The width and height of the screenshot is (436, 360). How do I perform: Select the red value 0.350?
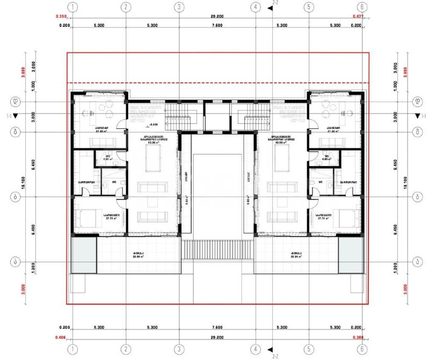click(62, 17)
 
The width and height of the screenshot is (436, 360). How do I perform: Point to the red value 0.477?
click(358, 17)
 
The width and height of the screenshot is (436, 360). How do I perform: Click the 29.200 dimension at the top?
click(217, 17)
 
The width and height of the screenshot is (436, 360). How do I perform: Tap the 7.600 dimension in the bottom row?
click(217, 327)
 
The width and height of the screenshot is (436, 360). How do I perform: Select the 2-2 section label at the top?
click(275, 3)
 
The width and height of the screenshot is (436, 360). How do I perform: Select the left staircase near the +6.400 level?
click(173, 117)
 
